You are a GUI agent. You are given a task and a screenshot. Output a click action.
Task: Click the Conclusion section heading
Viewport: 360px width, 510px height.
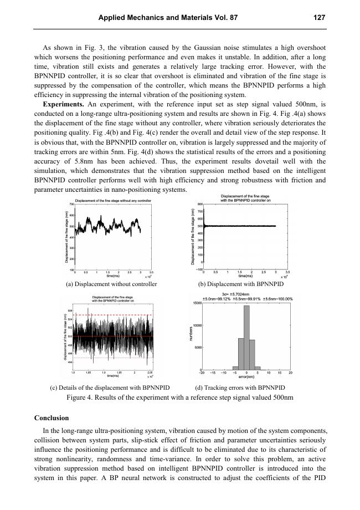(x=52, y=417)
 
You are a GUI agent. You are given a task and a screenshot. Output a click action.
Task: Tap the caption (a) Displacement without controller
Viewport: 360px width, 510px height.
(x=111, y=284)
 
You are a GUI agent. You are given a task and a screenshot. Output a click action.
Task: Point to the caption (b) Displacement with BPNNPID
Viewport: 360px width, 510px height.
(x=241, y=284)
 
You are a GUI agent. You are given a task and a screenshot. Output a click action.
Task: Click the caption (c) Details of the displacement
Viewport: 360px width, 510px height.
(x=110, y=387)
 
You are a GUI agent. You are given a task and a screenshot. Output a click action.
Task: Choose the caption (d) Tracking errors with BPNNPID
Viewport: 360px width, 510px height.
(x=240, y=387)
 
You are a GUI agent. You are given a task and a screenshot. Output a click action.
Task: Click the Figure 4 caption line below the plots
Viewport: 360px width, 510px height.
(x=180, y=397)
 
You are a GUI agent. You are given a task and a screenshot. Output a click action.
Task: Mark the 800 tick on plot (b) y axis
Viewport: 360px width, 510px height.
(x=194, y=205)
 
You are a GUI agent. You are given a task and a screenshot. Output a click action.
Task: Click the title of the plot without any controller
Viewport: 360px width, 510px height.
(x=110, y=200)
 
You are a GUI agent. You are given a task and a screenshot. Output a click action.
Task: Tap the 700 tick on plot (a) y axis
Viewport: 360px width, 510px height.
(x=71, y=205)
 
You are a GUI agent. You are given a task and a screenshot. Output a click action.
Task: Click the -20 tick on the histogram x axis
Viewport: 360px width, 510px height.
(x=202, y=373)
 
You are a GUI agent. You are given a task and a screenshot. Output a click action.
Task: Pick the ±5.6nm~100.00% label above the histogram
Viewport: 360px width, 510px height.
(x=277, y=298)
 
